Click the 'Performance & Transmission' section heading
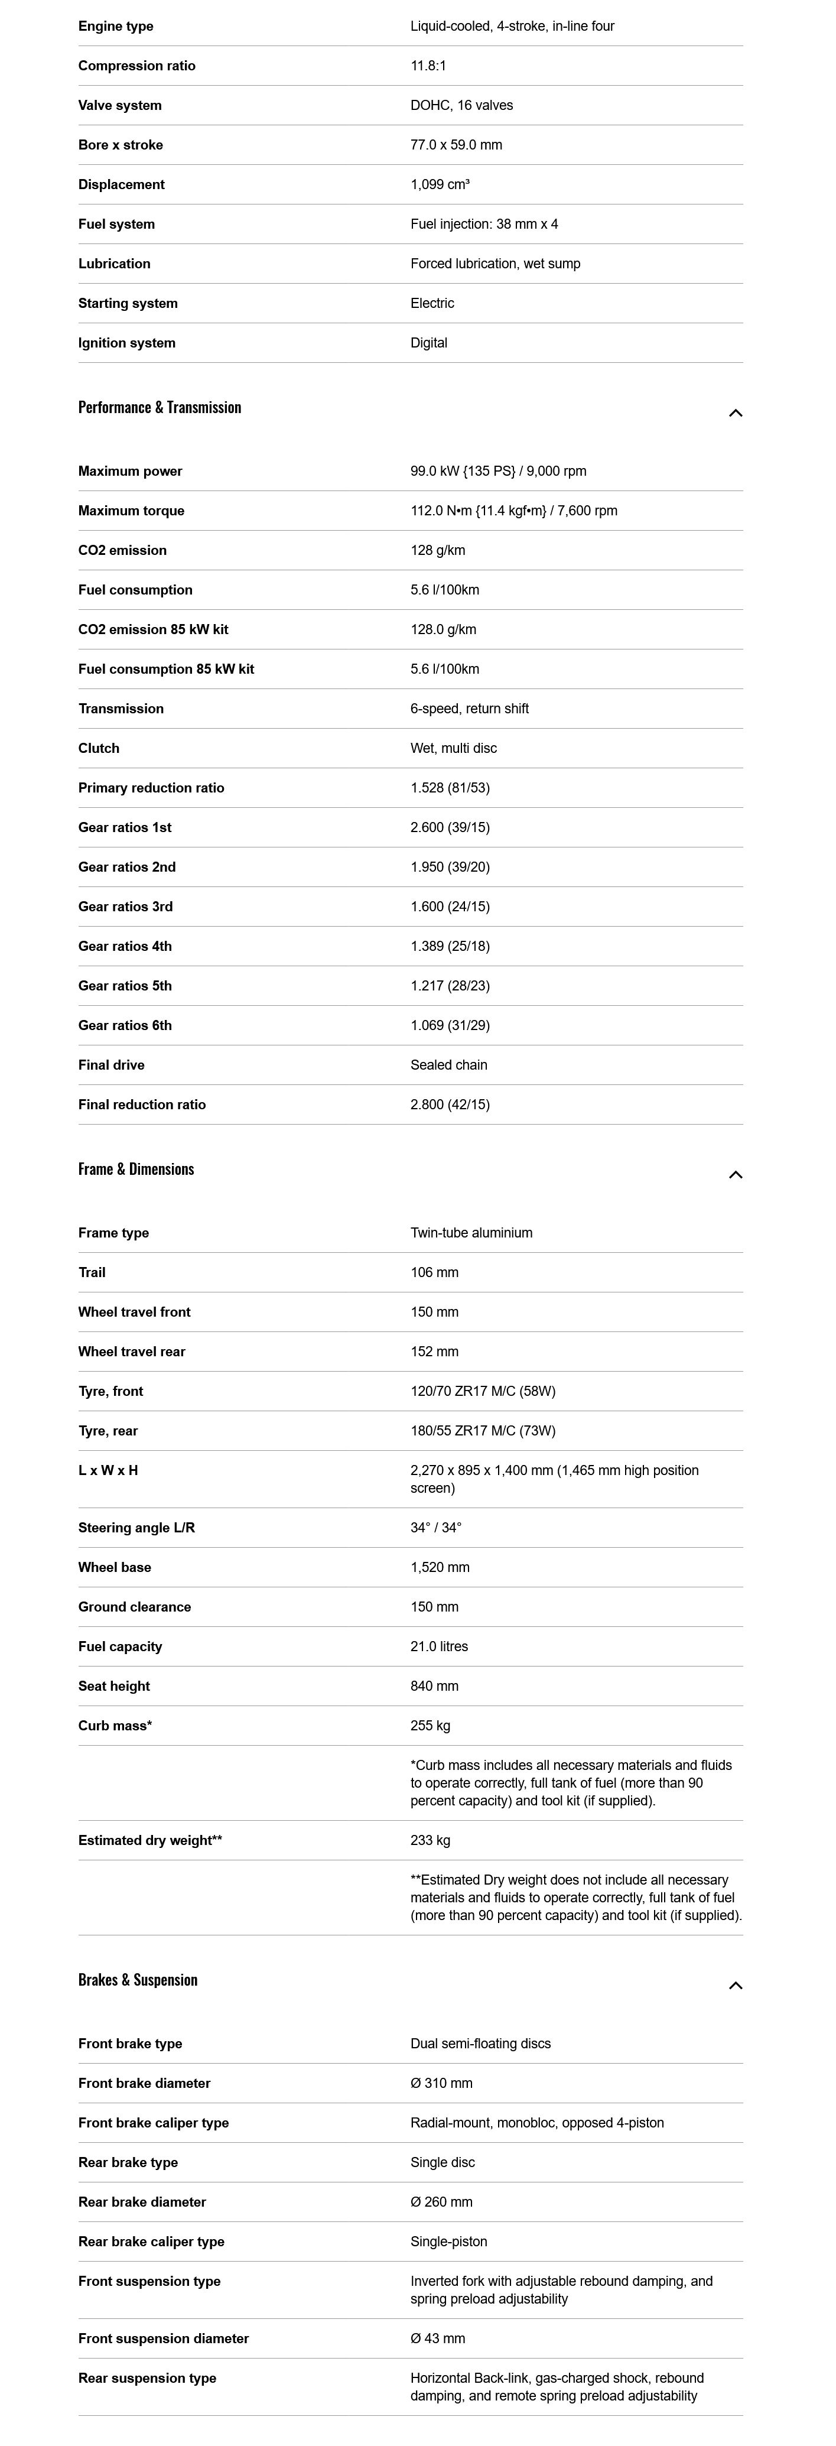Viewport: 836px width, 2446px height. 160,407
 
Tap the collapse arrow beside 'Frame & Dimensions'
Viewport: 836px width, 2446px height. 734,1175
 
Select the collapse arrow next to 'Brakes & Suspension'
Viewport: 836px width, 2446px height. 734,1986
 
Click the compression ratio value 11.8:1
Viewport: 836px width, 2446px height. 428,66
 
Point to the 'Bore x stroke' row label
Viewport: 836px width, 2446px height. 121,145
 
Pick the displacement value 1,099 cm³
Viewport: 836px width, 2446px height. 440,184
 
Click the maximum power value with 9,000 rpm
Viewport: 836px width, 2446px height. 498,471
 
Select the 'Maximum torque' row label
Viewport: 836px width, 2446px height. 131,511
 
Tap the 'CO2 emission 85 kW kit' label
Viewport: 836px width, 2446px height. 153,629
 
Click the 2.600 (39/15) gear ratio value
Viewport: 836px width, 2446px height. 450,827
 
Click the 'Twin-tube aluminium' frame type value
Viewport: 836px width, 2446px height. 471,1233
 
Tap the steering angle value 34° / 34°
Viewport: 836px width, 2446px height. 435,1528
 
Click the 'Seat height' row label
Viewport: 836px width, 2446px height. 114,1687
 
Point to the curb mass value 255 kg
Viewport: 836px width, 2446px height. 430,1725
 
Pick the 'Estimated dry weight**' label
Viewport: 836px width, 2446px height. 150,1840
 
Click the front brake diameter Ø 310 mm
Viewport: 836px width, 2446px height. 441,2083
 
